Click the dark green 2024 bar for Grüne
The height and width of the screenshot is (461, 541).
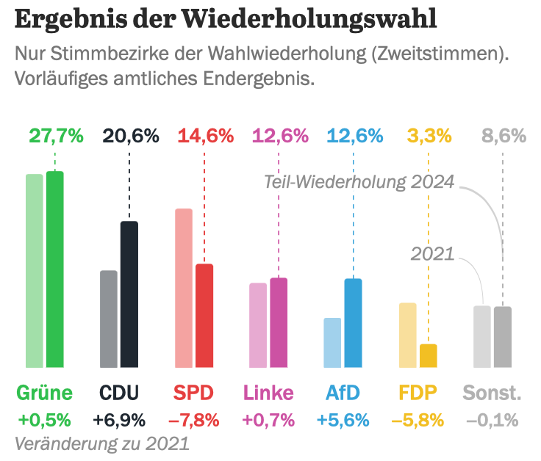(55, 269)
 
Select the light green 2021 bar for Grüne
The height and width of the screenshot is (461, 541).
(35, 271)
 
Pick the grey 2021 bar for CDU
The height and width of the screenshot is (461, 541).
(109, 319)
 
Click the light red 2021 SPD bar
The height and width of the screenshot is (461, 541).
(184, 288)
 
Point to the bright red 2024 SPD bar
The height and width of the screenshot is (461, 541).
(204, 316)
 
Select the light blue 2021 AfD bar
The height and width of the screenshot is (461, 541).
(332, 342)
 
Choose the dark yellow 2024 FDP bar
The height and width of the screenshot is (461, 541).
(428, 355)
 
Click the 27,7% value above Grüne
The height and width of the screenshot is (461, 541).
(56, 136)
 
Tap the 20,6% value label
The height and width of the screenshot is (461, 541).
(131, 136)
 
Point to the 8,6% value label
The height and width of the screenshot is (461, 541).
(504, 136)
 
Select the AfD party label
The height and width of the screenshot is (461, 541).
(343, 393)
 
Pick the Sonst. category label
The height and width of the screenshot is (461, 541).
(492, 393)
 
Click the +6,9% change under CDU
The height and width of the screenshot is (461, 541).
(119, 421)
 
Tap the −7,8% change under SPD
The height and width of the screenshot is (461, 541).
(194, 421)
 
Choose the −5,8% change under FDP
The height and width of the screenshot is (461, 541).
(418, 421)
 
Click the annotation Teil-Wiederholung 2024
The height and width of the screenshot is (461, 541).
(359, 182)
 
